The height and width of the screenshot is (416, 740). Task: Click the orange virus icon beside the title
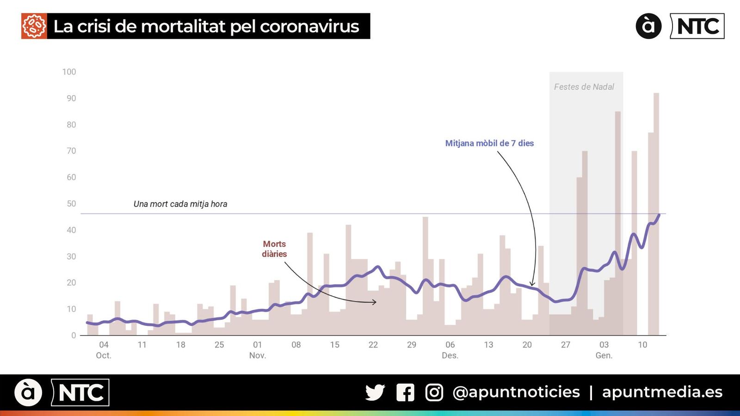(34, 26)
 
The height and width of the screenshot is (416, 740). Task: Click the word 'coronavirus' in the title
(309, 26)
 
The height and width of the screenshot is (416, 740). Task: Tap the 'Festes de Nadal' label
(584, 87)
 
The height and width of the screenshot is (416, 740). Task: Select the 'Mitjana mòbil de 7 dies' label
(489, 143)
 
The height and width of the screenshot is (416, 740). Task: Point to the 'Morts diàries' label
(274, 249)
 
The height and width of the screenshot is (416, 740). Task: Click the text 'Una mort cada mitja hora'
(180, 204)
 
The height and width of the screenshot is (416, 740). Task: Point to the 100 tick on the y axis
(69, 72)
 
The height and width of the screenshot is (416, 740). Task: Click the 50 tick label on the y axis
(71, 203)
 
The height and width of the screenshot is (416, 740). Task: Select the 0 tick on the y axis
(74, 335)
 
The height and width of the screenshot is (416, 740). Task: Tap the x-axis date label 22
(373, 345)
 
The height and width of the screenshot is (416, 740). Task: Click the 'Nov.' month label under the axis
(258, 355)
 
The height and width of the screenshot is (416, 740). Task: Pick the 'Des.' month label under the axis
(450, 355)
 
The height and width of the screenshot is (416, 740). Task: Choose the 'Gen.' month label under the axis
(604, 355)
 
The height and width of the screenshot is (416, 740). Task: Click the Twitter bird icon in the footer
(375, 392)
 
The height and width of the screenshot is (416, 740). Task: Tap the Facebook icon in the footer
(405, 392)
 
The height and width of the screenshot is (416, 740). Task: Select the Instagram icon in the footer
(434, 392)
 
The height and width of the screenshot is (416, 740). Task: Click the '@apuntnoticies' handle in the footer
(516, 392)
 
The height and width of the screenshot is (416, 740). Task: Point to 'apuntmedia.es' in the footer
(662, 392)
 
